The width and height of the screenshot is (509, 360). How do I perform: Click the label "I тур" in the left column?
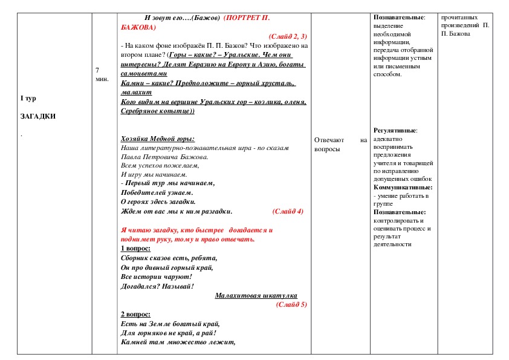28,98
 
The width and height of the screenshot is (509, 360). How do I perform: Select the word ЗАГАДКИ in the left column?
37,116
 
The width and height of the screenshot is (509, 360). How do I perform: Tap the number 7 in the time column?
97,71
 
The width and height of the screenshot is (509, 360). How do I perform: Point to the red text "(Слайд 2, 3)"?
288,36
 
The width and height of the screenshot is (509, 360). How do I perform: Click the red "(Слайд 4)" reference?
287,211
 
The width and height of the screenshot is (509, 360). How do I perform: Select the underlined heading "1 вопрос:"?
136,248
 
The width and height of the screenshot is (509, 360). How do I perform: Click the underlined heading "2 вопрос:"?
136,314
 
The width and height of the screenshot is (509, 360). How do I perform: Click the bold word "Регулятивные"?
395,130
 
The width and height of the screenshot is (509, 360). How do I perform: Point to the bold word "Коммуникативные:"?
403,188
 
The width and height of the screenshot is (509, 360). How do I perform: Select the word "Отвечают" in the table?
329,140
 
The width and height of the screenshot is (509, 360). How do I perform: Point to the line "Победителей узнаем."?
157,192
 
